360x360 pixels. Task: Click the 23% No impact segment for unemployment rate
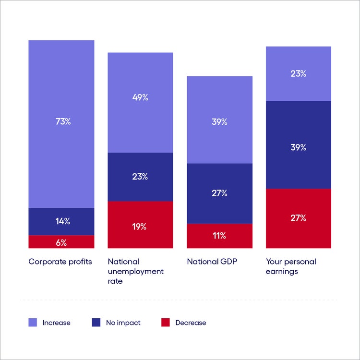pos(140,177)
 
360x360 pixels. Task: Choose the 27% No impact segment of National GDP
pos(219,193)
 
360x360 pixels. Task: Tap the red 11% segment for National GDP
pos(219,236)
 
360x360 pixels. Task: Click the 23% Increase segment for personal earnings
pos(299,73)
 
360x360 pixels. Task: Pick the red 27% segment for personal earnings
pos(299,218)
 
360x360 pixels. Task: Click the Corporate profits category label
pos(60,262)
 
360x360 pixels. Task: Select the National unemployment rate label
pos(135,271)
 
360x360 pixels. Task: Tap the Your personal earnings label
pos(291,266)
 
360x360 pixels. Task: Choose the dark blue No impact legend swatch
pos(96,323)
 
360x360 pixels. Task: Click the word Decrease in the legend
pos(191,323)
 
